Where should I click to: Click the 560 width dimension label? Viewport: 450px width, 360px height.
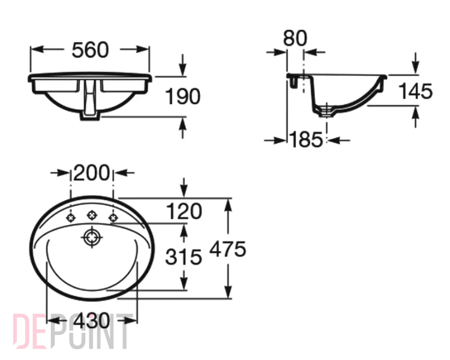point(90,50)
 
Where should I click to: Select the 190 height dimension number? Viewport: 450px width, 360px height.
point(183,96)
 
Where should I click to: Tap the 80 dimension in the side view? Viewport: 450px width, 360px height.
point(295,38)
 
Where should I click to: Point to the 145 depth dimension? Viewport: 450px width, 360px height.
point(416,91)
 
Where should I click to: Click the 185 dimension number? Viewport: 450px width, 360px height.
point(307,140)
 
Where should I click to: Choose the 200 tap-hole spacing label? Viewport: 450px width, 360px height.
point(92,173)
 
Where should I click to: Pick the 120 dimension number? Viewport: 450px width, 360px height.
point(184,211)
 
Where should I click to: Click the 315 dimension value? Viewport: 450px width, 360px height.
point(184,257)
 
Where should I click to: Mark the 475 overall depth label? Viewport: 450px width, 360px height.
point(228,249)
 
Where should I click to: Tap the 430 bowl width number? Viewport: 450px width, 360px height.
point(92,320)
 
